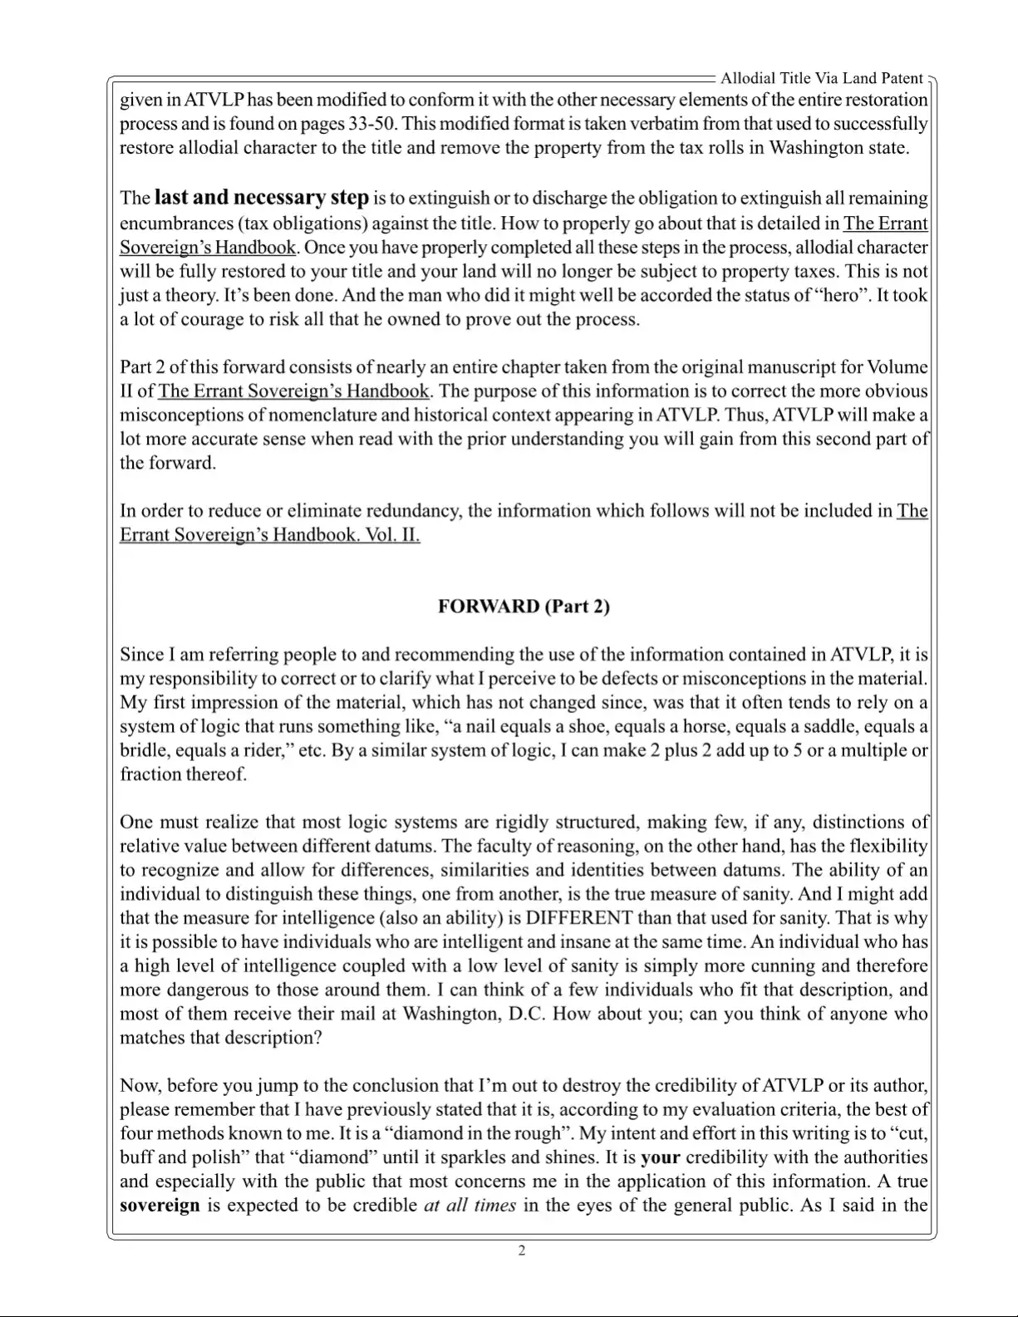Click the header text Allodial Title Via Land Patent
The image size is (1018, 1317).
pyautogui.click(x=821, y=78)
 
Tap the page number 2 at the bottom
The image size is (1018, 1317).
pyautogui.click(x=522, y=1251)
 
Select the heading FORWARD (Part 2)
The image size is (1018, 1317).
pyautogui.click(x=524, y=606)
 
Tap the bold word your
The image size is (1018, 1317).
pyautogui.click(x=661, y=1157)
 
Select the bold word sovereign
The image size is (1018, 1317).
pyautogui.click(x=160, y=1206)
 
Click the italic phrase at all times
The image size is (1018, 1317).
pyautogui.click(x=470, y=1206)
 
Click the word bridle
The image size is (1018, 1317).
pyautogui.click(x=144, y=751)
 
